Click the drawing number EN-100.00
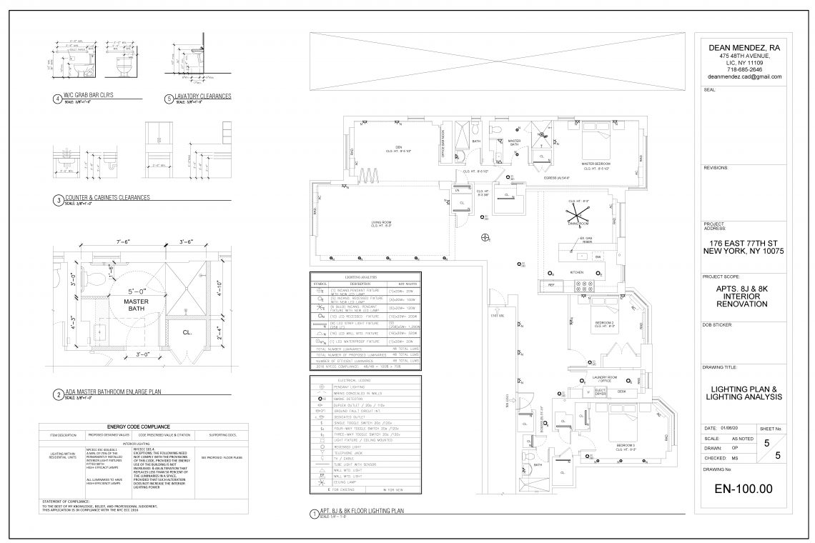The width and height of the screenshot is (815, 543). coord(744,489)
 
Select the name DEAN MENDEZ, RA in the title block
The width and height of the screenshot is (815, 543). coord(744,47)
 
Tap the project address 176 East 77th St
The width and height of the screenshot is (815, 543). coord(744,242)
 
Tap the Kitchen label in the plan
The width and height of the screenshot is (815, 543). coord(577,272)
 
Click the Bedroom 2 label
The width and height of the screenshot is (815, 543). coord(604,323)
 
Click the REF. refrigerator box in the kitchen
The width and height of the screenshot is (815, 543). coord(552,285)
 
